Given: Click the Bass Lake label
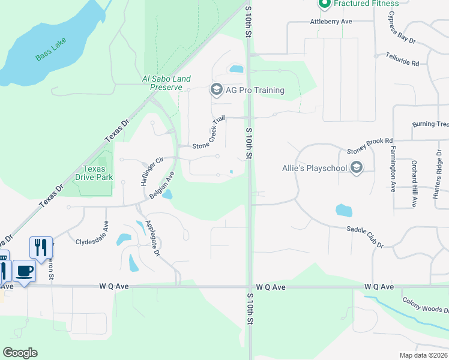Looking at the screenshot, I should (51, 50).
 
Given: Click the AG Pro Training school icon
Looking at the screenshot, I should (215, 90).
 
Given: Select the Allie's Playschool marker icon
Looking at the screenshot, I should (357, 167).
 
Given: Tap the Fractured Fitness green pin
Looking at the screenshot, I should (325, 4).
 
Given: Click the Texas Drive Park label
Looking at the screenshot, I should (94, 173).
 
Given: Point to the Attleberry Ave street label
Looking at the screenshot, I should (331, 22).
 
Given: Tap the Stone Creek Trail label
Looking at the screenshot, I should (208, 133).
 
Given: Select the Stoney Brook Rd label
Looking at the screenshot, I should (369, 151).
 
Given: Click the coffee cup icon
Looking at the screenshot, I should (24, 271).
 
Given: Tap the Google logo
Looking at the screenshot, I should (20, 352).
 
